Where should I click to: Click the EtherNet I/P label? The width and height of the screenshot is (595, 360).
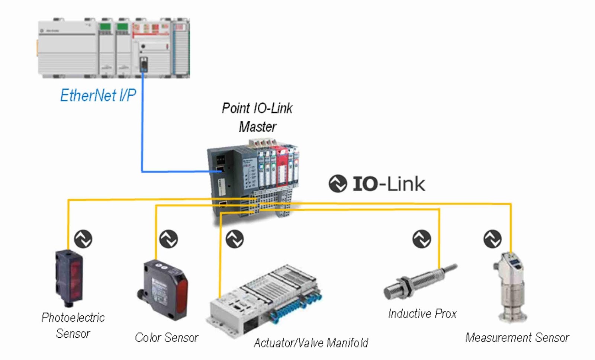[x=98, y=95]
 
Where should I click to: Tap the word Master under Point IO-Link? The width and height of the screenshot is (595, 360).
[x=257, y=127]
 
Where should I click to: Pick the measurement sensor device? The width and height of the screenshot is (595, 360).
[x=510, y=286]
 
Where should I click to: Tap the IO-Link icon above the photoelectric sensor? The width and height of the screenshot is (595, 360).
[x=83, y=239]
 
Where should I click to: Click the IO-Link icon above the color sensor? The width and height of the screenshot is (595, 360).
[x=168, y=239]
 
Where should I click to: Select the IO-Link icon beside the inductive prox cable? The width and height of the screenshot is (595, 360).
[x=422, y=239]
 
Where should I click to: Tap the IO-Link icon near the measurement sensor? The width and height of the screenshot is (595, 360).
[x=492, y=239]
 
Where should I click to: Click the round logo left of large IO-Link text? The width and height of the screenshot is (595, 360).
[x=338, y=184]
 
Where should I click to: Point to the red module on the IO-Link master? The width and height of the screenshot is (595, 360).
[x=282, y=167]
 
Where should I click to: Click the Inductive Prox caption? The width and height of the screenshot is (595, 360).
[x=422, y=314]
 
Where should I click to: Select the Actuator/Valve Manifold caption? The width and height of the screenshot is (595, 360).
[x=311, y=343]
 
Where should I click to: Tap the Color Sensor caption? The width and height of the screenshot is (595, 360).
[x=166, y=337]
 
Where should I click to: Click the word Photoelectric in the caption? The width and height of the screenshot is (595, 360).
[x=73, y=317]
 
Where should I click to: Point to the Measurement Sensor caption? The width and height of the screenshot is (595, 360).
[x=517, y=337]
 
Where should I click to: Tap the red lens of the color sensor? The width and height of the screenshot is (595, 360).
[x=181, y=294]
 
